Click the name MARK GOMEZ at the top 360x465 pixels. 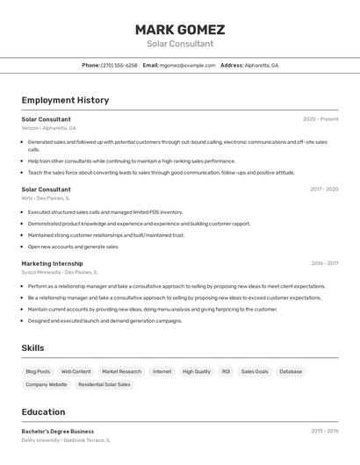coord(180,29)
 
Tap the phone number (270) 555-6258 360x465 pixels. coord(119,65)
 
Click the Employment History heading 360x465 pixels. coord(65,100)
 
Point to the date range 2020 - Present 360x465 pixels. coord(320,119)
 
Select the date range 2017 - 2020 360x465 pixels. coord(324,190)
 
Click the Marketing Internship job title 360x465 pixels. coord(52,263)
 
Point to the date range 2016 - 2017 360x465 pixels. coord(324,263)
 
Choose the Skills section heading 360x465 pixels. coord(32,348)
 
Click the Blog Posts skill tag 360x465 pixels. coord(38,372)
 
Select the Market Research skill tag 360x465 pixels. coord(121,372)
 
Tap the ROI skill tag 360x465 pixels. coord(226,372)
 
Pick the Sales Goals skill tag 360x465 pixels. coord(255,372)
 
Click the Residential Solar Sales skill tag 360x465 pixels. coord(104,384)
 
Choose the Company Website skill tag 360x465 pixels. coord(46,384)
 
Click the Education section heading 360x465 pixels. coord(43,412)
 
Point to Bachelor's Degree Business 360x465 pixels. coord(57,432)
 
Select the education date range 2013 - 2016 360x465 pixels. coord(324,432)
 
